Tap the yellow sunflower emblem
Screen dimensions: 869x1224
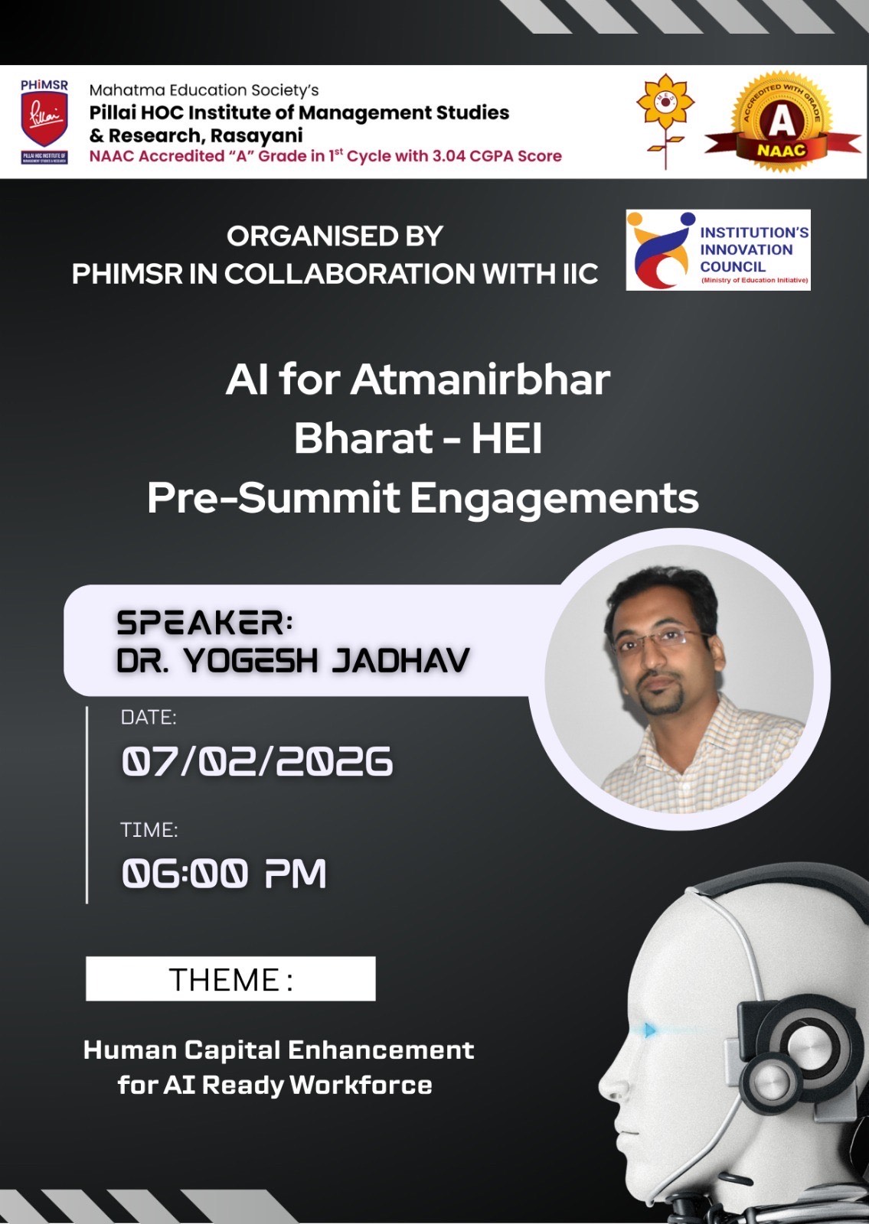665,120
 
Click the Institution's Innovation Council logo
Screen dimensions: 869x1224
718,249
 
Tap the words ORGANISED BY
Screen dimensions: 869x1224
335,236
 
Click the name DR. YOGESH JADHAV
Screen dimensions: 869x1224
292,660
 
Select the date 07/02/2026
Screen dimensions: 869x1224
256,761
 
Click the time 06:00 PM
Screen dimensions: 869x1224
224,873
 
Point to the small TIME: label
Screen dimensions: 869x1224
149,830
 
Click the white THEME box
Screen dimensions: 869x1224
230,978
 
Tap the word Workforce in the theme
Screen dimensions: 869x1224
361,1086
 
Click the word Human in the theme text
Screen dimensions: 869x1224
130,1050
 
